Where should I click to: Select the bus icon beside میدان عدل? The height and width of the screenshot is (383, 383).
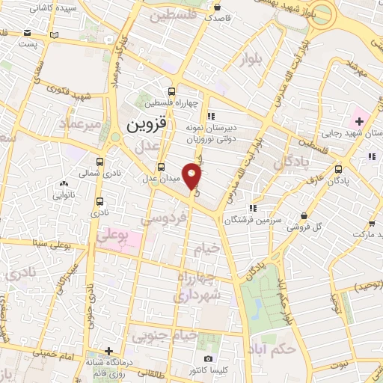[161, 167]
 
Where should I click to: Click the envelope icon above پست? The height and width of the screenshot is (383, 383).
[28, 33]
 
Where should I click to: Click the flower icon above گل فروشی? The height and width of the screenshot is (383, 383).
[305, 215]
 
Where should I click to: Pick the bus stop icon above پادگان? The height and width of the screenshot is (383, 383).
[339, 168]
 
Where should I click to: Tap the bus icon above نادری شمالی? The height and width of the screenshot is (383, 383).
[100, 161]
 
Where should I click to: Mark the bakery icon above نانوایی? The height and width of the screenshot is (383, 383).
[63, 183]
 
